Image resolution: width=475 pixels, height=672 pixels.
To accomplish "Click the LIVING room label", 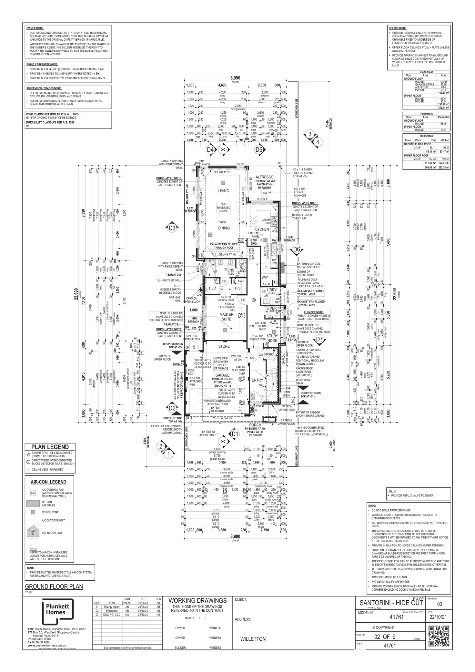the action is pyautogui.click(x=223, y=191).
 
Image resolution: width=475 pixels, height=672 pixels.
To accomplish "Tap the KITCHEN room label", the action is pyautogui.click(x=261, y=229).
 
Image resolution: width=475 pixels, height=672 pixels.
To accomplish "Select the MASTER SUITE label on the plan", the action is pyautogui.click(x=227, y=317).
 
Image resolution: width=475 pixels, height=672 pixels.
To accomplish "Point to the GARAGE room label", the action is pyautogui.click(x=222, y=375).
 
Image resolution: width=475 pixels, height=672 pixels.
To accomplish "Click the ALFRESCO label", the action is pyautogui.click(x=264, y=177).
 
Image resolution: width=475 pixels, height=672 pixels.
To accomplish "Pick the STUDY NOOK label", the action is pyautogui.click(x=272, y=338).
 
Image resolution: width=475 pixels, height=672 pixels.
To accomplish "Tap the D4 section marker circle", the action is pyautogui.click(x=210, y=150).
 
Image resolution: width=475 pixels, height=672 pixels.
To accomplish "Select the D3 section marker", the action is pyautogui.click(x=172, y=228).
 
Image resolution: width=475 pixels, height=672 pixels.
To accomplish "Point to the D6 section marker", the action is pyautogui.click(x=297, y=249).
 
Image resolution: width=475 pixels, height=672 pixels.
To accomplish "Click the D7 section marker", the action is pyautogui.click(x=319, y=339).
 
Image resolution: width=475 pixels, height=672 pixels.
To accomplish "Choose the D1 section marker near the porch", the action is pyautogui.click(x=235, y=434).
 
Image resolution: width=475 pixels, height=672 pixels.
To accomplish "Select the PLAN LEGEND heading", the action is pyautogui.click(x=50, y=447).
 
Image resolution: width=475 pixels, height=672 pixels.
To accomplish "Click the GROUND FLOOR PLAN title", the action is pyautogui.click(x=54, y=586).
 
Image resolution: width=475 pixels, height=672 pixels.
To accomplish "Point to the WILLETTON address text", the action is pyautogui.click(x=253, y=639).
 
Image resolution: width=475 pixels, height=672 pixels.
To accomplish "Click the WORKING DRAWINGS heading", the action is pyautogui.click(x=197, y=601).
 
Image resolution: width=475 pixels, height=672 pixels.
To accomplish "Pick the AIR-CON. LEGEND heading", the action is pyautogui.click(x=48, y=482).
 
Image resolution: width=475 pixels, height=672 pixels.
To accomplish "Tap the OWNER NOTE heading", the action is pyautogui.click(x=35, y=28).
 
